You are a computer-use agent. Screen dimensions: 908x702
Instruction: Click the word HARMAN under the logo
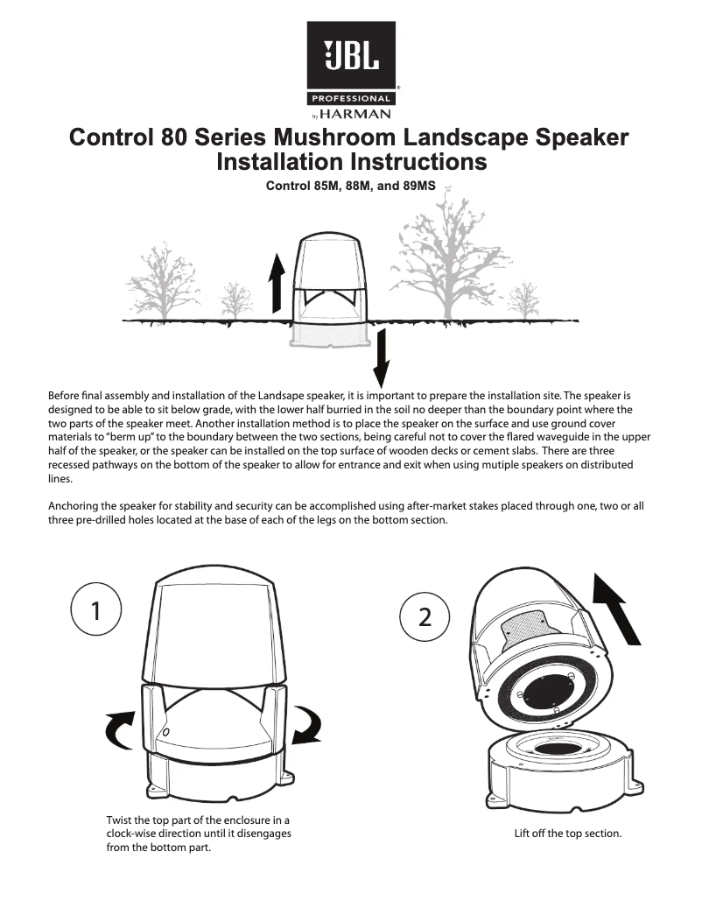click(355, 113)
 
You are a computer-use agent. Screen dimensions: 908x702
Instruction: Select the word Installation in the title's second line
click(281, 162)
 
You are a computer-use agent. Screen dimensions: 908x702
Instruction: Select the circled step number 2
click(425, 616)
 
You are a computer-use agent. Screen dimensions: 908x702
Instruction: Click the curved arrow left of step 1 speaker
click(120, 727)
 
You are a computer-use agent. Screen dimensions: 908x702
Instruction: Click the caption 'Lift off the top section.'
click(567, 834)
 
